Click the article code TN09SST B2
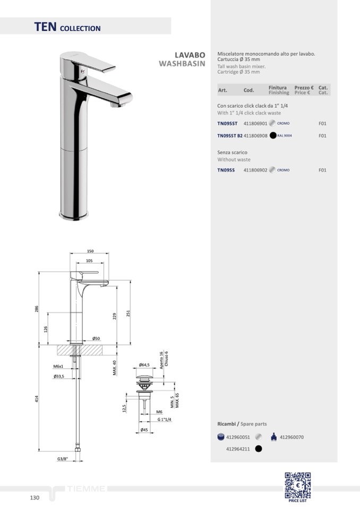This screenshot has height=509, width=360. [x=230, y=136]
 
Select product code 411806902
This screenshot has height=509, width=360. [x=255, y=170]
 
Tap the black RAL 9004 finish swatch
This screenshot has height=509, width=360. [x=273, y=135]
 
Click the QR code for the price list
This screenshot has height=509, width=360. [x=298, y=485]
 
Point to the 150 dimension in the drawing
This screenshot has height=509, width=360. [x=90, y=251]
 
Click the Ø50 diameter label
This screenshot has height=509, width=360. [x=96, y=338]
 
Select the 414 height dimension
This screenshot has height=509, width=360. [x=37, y=399]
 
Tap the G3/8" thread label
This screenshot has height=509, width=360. [x=63, y=459]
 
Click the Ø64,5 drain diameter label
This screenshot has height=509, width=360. [x=144, y=365]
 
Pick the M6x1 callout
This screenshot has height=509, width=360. [x=58, y=366]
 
